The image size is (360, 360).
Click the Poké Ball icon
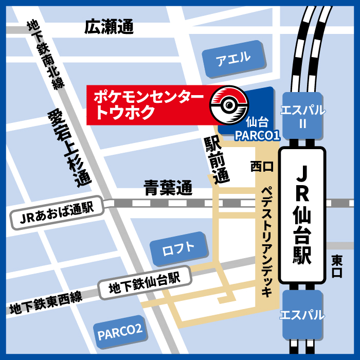point(229,104)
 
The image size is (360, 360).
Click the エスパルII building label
point(302,116)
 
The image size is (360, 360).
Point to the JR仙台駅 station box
point(302,216)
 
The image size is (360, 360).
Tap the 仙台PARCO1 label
point(256,129)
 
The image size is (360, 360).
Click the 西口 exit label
point(262,167)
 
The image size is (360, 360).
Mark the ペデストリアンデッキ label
point(266,242)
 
